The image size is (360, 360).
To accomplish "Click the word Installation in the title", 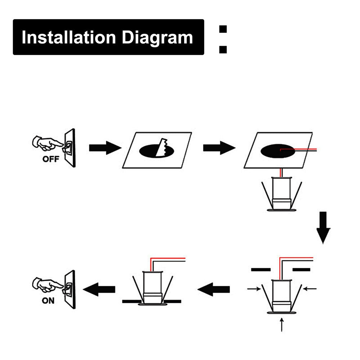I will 69,37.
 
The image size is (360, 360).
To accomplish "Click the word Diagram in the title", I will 157,37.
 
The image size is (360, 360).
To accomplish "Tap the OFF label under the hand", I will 50,159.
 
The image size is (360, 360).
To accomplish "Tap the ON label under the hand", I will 48,301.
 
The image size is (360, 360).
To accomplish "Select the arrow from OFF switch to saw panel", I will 105,148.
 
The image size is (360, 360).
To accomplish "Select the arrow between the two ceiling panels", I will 219,148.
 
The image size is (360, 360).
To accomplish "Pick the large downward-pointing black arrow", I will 323,228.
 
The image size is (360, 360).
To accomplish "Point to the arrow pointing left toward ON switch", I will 99,289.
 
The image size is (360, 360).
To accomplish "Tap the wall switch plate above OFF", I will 70,148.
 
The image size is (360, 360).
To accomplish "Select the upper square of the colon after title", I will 223,29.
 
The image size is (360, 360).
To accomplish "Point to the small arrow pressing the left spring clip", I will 254,288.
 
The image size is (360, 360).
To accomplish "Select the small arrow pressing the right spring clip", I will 310,288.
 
